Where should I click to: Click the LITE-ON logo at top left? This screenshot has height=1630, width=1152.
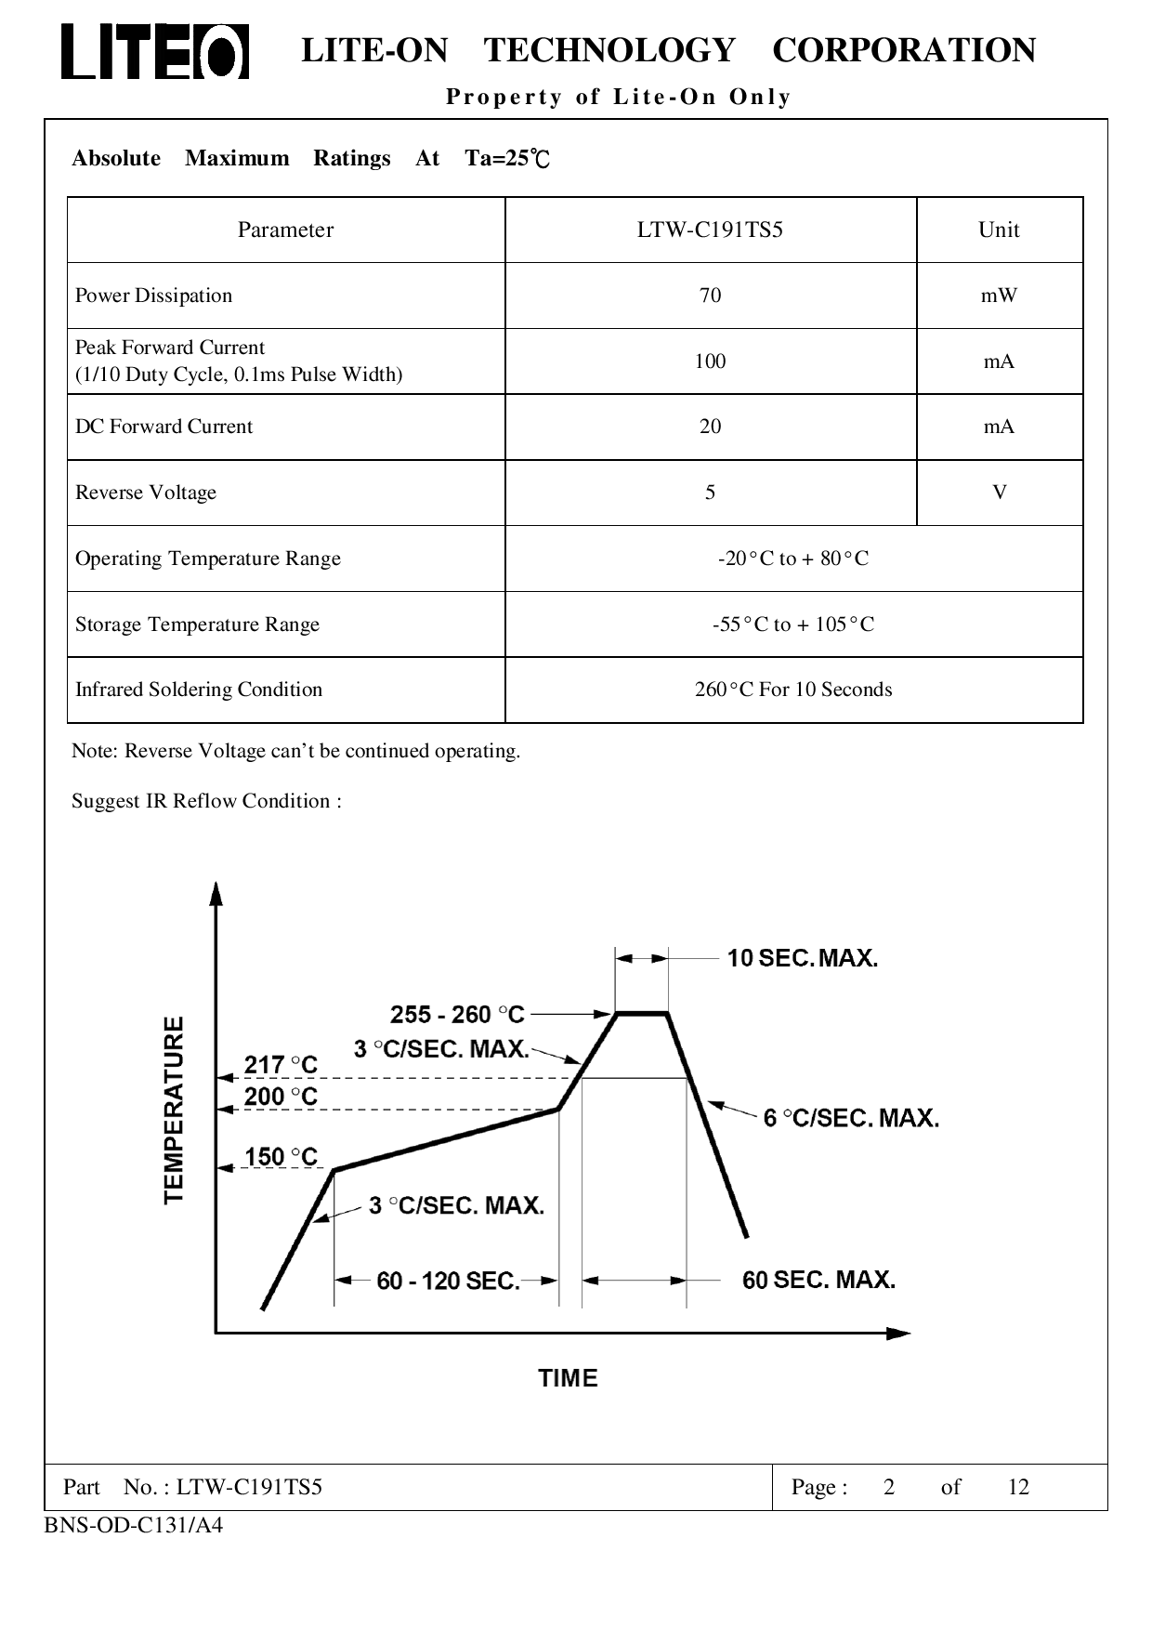155,51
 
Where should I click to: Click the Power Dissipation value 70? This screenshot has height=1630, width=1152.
710,296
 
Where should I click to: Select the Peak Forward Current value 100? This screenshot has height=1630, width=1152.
710,361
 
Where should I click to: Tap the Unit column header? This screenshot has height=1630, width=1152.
999,230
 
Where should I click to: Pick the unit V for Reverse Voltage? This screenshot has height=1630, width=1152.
1000,493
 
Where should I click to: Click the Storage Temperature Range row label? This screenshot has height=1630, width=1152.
197,624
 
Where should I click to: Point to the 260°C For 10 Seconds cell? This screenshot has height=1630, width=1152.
793,690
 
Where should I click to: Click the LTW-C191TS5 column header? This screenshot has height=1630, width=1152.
710,230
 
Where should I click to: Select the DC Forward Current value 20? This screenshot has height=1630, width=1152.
710,427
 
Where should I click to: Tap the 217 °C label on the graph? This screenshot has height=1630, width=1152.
281,1065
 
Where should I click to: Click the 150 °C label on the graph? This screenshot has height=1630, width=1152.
281,1157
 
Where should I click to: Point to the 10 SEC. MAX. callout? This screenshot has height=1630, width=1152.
802,958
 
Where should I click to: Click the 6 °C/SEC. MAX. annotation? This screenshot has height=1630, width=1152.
851,1118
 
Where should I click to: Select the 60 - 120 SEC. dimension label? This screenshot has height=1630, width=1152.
448,1282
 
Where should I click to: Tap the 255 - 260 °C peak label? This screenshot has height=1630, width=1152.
457,1014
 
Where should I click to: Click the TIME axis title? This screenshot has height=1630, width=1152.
568,1378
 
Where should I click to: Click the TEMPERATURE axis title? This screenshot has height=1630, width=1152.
175,1110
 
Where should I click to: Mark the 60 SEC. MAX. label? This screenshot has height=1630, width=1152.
818,1281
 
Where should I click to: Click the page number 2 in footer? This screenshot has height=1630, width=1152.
889,1488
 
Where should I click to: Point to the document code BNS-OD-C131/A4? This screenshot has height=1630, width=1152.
134,1525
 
